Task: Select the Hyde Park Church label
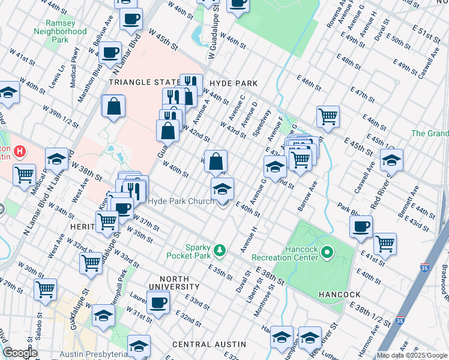click(181, 202)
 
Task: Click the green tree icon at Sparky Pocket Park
click(220, 250)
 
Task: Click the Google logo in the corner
click(20, 353)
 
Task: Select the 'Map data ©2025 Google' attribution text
click(411, 355)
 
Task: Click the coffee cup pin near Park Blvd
click(361, 226)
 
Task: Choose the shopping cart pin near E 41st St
click(385, 244)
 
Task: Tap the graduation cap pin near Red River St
click(391, 160)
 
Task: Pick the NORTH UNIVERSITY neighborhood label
click(175, 284)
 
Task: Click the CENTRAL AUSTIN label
click(209, 344)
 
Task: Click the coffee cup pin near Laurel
click(158, 302)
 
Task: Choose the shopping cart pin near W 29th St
click(46, 289)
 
